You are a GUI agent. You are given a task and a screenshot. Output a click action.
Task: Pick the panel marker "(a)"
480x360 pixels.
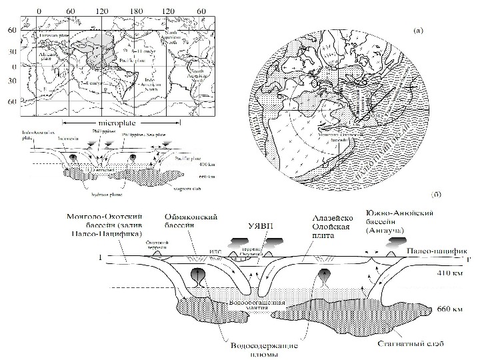coord(418,29)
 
